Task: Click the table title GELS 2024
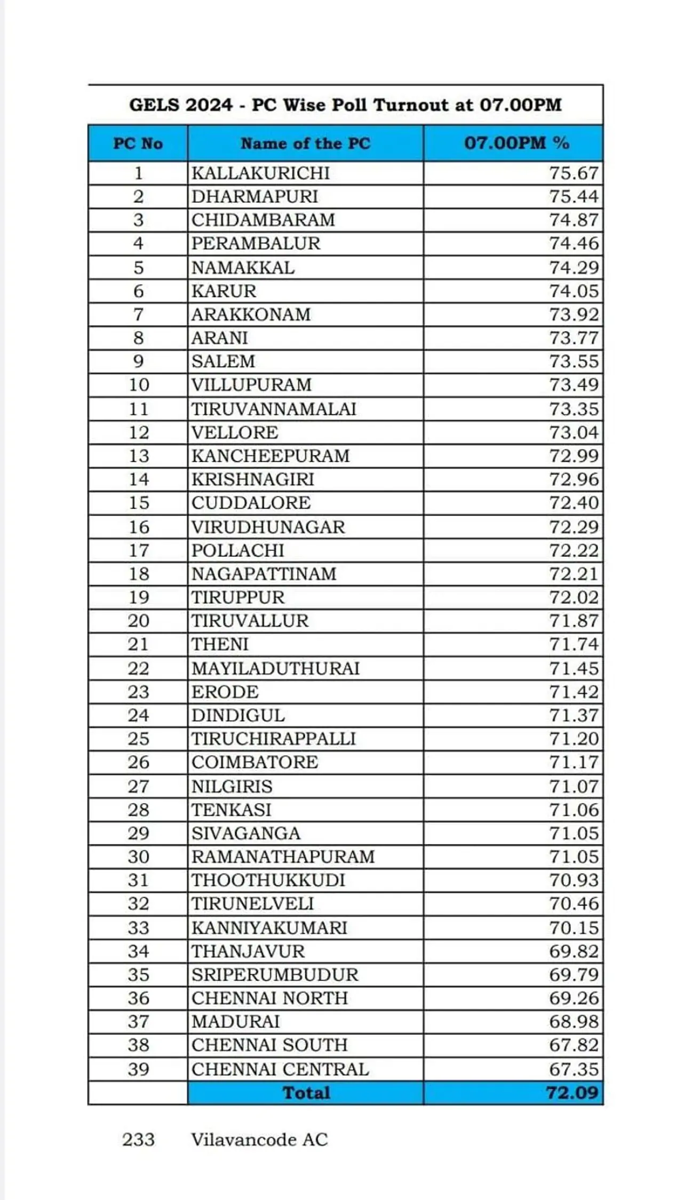tap(345, 105)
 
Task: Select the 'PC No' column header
tap(138, 143)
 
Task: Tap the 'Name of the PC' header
tap(305, 143)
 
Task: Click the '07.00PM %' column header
tap(516, 143)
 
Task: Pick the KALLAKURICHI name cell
tap(260, 173)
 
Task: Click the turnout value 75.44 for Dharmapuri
tap(574, 197)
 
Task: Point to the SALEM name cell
tap(223, 362)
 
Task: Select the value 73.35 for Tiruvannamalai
tap(574, 409)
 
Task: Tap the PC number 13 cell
tap(138, 456)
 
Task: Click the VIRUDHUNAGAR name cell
tap(268, 527)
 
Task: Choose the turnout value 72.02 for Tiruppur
tap(574, 597)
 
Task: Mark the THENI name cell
tap(220, 644)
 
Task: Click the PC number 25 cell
tap(138, 739)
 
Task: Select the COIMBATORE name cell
tap(255, 762)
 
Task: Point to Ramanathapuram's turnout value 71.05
tap(574, 857)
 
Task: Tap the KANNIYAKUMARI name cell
tap(269, 928)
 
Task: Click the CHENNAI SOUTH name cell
tap(269, 1045)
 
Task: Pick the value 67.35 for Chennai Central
tap(574, 1069)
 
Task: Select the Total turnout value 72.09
tap(571, 1093)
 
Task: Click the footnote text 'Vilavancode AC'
tap(259, 1140)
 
